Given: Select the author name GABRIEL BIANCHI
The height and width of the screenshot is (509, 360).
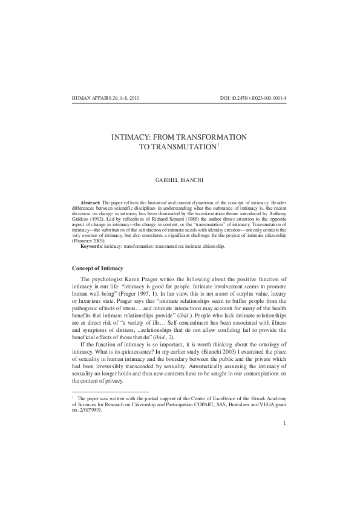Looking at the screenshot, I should (x=179, y=180).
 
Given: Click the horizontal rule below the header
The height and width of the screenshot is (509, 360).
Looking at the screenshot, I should (x=179, y=103).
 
